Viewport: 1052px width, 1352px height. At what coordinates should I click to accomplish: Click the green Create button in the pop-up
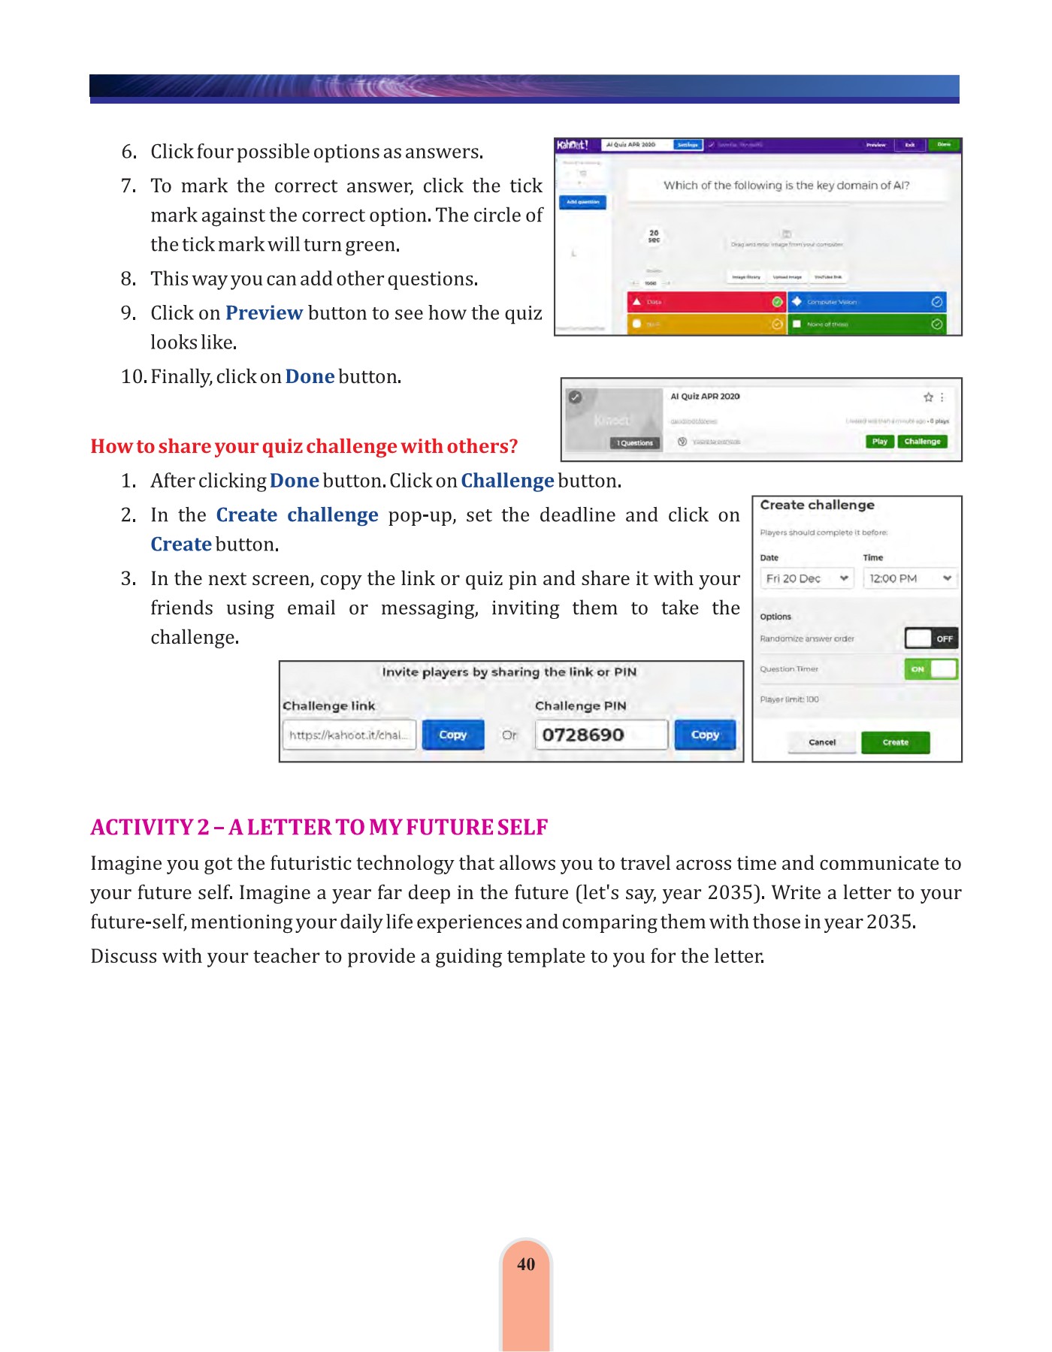(x=895, y=742)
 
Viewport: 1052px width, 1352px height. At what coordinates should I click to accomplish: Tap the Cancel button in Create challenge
(x=821, y=742)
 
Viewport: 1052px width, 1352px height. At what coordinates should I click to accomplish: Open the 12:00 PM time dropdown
(x=910, y=578)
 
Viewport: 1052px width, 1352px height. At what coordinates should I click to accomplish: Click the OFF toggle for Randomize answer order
(x=931, y=638)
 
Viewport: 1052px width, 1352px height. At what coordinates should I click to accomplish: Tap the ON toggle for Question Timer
(x=931, y=669)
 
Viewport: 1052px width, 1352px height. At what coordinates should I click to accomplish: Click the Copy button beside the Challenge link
(x=452, y=735)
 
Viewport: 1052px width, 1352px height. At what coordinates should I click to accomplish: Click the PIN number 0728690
(x=583, y=735)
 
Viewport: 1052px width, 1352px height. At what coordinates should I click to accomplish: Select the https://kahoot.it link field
(x=349, y=735)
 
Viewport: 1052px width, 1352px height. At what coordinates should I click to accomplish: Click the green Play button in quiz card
(x=879, y=442)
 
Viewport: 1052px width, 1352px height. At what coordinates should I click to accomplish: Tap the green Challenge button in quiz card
(x=922, y=442)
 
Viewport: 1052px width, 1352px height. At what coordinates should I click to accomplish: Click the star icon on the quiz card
(x=928, y=397)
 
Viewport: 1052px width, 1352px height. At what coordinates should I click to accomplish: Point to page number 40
(x=526, y=1264)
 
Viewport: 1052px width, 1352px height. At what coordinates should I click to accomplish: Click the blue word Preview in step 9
(x=264, y=312)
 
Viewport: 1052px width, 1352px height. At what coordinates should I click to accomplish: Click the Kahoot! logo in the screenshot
(x=573, y=145)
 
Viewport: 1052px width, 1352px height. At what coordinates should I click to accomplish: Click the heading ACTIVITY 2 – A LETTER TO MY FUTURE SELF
(x=319, y=827)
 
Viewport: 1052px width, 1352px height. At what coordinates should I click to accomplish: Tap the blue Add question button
(x=582, y=202)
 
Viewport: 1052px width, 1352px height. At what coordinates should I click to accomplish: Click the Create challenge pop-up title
(x=817, y=505)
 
